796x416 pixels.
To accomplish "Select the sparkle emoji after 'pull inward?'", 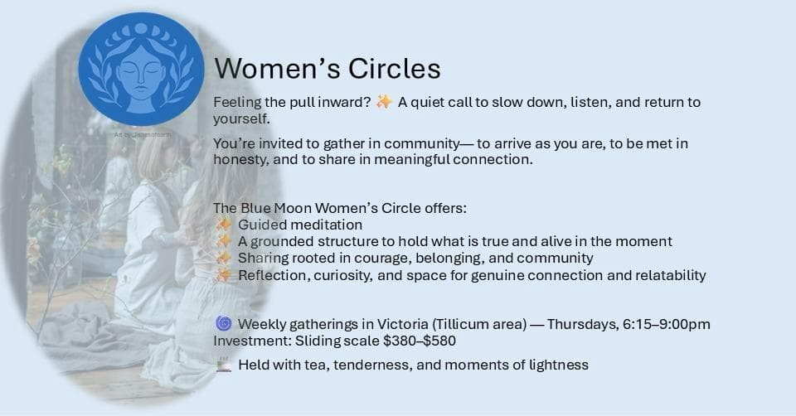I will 384,102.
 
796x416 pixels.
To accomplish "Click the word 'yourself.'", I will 241,119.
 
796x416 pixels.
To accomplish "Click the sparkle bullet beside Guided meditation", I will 223,225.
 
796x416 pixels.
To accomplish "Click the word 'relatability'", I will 666,274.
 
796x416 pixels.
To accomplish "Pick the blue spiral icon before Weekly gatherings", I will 222,323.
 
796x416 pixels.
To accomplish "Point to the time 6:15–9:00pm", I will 667,323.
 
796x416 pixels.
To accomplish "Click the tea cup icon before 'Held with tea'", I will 222,364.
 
